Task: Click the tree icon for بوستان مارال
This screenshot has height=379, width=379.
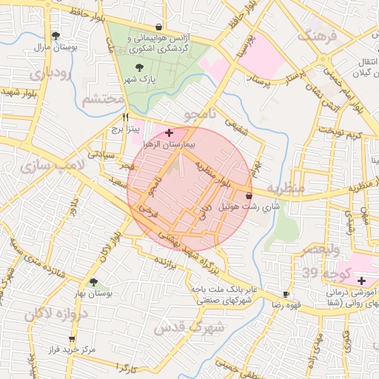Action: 56,35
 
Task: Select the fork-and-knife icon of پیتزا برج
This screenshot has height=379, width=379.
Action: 126,117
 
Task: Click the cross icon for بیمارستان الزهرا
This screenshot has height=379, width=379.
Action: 170,132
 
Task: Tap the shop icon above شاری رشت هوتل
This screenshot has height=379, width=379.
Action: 247,195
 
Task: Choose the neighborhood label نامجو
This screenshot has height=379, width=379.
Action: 202,115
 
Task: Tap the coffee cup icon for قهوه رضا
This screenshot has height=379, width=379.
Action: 286,294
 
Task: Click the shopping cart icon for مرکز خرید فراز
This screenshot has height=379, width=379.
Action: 71,338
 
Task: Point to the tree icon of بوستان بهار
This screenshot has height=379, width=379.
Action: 93,282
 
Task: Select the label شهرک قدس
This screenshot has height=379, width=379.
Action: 185,326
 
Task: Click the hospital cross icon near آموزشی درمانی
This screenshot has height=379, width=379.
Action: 360,281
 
